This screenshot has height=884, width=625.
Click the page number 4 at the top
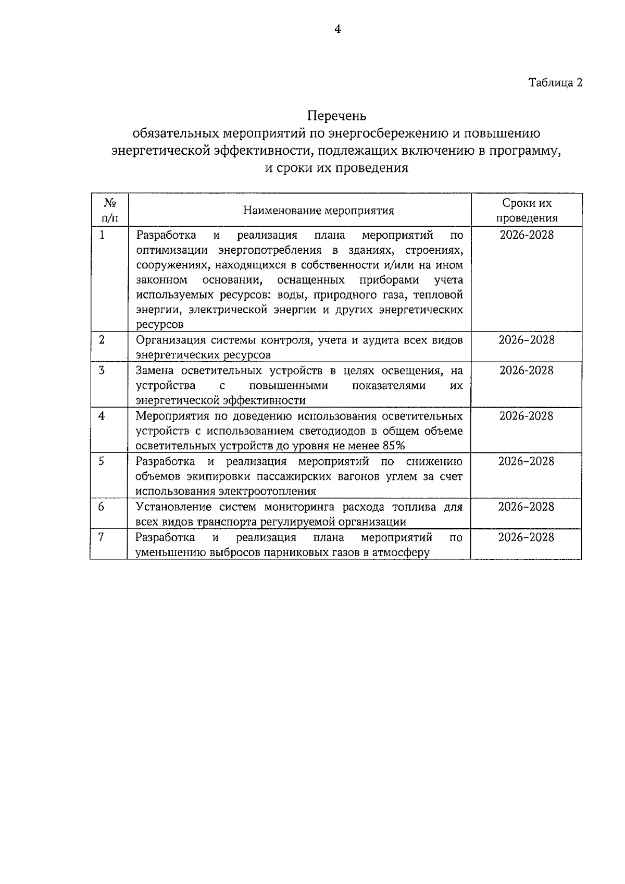(337, 30)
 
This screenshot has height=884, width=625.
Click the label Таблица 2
(555, 82)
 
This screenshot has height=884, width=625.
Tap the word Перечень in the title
(336, 115)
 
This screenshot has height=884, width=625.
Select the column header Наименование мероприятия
(318, 211)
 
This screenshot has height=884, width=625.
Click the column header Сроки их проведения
(527, 211)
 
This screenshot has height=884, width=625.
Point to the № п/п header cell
(109, 210)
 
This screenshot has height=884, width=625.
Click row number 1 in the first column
(102, 235)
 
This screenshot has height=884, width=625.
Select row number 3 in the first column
(102, 371)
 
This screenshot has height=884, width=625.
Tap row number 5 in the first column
(102, 461)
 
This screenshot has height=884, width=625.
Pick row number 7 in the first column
(102, 537)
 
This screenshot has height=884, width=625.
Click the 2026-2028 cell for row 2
(527, 340)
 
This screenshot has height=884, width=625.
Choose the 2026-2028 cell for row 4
(527, 416)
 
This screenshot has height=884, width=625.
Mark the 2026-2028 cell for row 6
(527, 507)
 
